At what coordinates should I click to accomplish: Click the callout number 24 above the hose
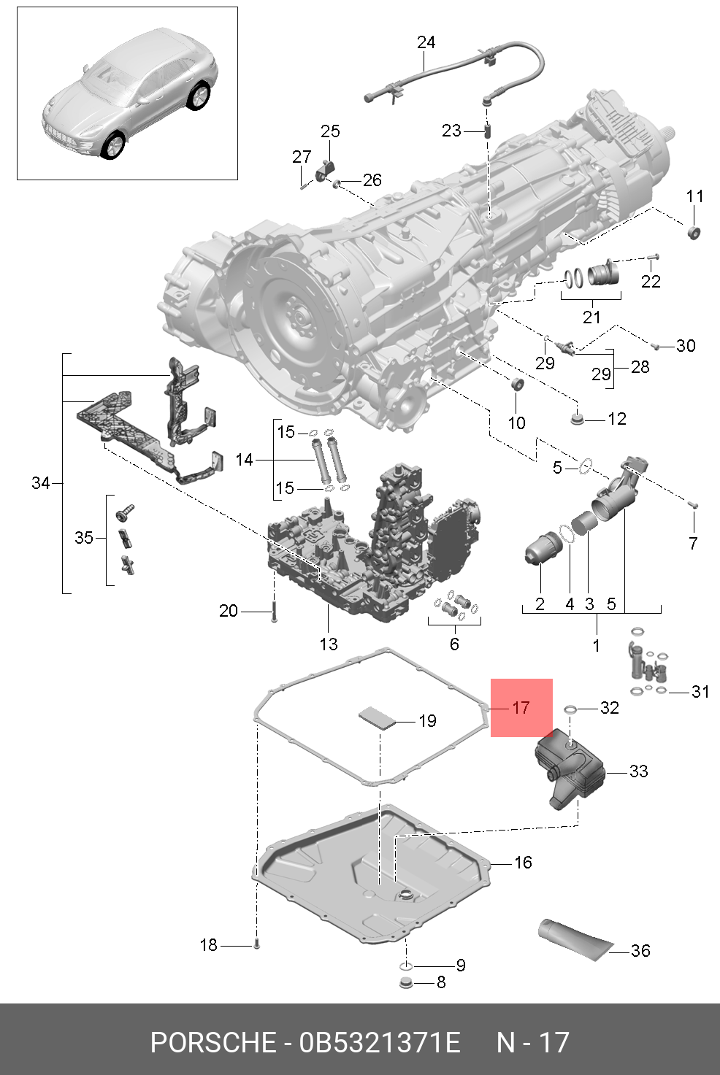click(x=426, y=42)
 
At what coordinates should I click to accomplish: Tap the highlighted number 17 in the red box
click(x=521, y=707)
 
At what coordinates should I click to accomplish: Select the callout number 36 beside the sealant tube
click(x=640, y=950)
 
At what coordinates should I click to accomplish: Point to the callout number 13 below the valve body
click(x=329, y=644)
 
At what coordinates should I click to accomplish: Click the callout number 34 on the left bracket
click(x=41, y=482)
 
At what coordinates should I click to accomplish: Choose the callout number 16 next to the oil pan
click(x=523, y=862)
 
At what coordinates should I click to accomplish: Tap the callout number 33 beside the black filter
click(x=638, y=771)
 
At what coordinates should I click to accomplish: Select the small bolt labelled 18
click(x=256, y=945)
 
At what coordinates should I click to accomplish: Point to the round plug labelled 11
click(x=694, y=233)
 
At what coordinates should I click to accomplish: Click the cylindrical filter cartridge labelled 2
click(x=541, y=549)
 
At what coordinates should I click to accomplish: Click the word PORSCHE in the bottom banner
click(x=212, y=1042)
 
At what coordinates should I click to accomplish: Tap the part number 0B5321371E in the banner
click(x=380, y=1042)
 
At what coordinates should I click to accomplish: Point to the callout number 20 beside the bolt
click(x=229, y=610)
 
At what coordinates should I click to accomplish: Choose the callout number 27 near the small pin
click(x=302, y=157)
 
